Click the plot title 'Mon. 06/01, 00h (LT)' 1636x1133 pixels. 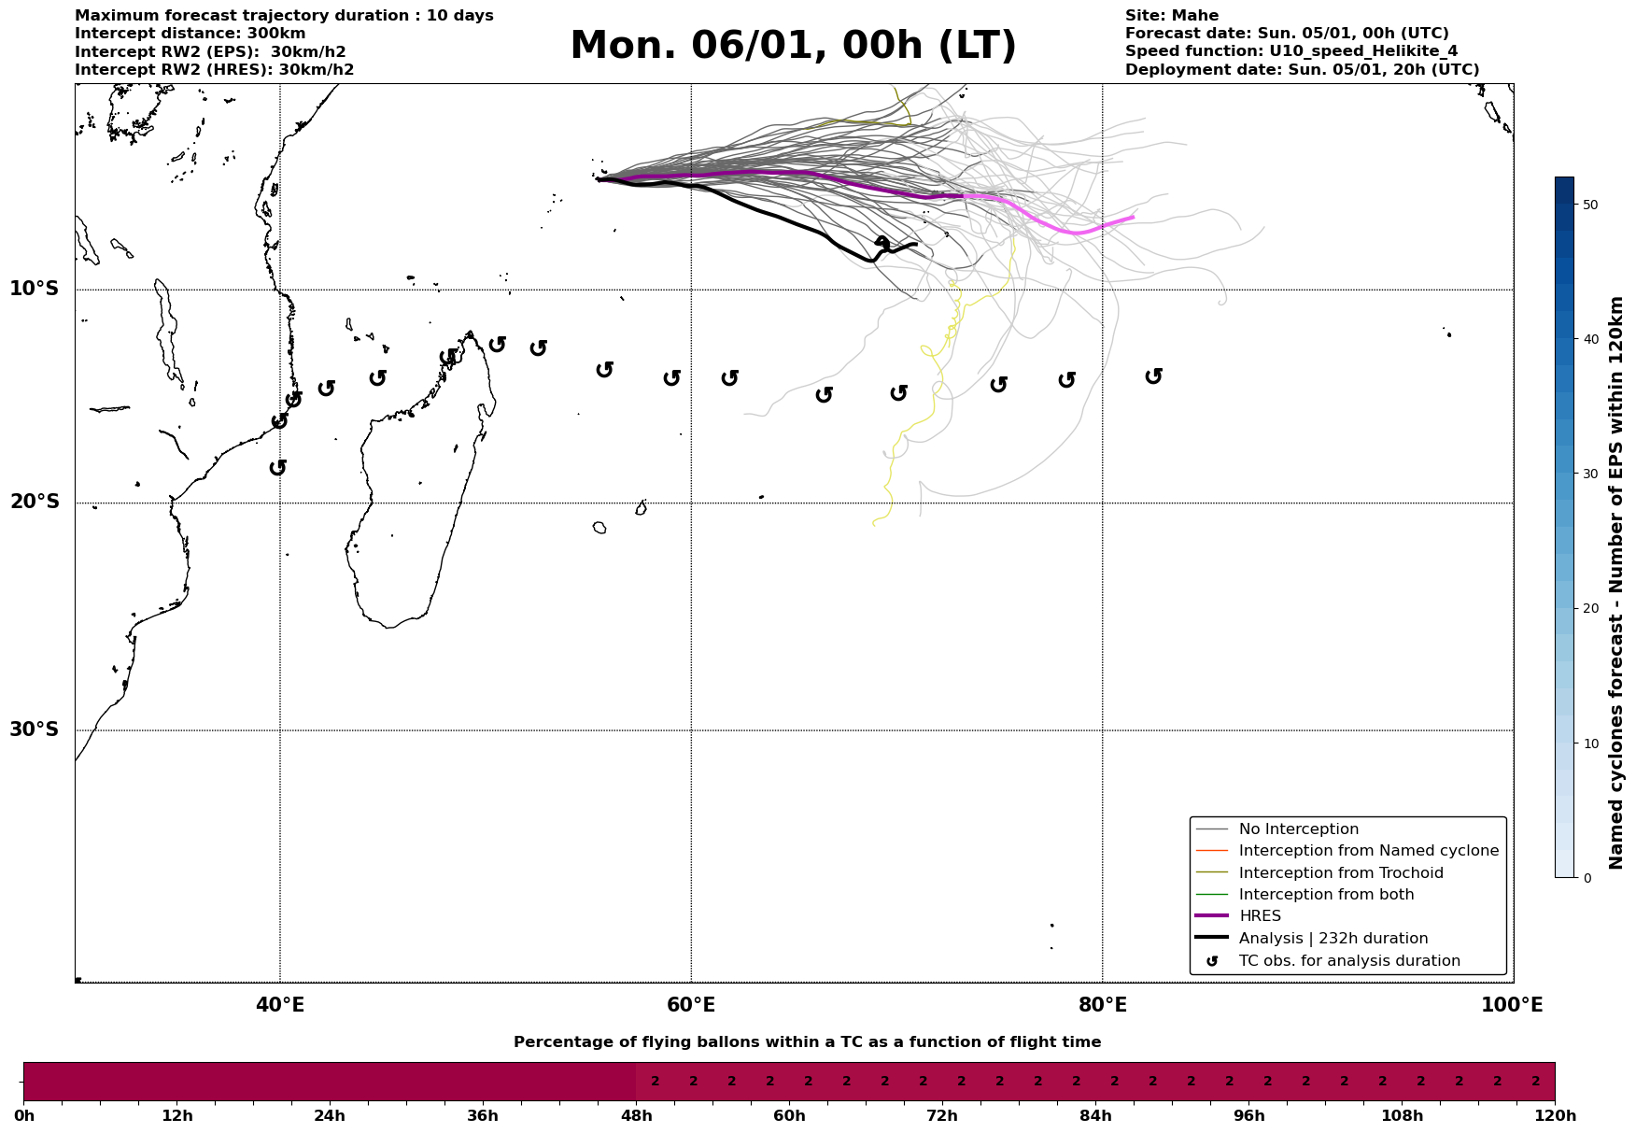(793, 46)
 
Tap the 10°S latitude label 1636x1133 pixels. (35, 289)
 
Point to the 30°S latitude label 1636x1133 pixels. (35, 729)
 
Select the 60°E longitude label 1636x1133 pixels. (691, 1005)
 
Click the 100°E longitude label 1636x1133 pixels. (1512, 1005)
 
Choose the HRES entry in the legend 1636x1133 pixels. (1260, 916)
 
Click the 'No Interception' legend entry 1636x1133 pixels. (1298, 829)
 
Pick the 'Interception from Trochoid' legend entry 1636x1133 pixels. (1340, 873)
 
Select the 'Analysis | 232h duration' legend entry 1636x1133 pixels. (1333, 939)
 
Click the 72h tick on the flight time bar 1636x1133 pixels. (941, 1115)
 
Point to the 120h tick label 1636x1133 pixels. (1554, 1115)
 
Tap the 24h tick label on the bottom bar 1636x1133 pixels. (329, 1115)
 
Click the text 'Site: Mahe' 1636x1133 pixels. (1171, 16)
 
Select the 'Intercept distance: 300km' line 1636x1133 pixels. (190, 34)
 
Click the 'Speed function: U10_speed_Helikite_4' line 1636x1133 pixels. (1290, 51)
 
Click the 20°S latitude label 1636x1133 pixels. (35, 503)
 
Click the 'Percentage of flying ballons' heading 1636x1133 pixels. (807, 1042)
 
